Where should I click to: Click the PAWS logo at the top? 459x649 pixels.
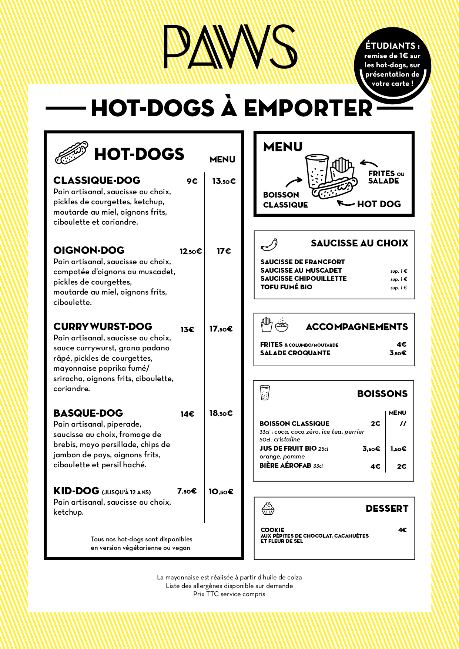[x=230, y=47]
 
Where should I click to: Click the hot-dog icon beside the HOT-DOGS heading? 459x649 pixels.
[x=71, y=152]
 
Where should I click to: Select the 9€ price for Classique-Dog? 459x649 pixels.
[x=192, y=181]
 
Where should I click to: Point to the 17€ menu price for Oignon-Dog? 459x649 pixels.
[x=224, y=251]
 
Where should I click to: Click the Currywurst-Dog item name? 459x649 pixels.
[x=103, y=327]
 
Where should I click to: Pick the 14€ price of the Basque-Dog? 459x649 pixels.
[x=187, y=414]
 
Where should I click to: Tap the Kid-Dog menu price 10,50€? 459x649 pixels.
[x=221, y=492]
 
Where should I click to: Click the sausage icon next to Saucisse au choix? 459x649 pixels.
[x=269, y=245]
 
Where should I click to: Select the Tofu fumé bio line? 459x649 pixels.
[x=286, y=287]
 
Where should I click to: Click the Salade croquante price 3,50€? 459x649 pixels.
[x=398, y=353]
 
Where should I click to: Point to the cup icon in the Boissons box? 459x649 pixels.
[x=265, y=393]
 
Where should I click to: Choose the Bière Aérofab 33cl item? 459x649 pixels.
[x=291, y=466]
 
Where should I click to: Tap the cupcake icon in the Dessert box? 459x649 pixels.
[x=268, y=509]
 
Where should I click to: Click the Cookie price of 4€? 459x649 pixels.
[x=402, y=530]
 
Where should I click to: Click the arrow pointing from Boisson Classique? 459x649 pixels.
[x=294, y=182]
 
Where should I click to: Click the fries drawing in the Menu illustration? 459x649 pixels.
[x=341, y=169]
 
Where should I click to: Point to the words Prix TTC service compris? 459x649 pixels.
[x=229, y=594]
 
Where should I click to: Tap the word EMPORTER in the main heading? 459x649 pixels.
[x=308, y=108]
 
